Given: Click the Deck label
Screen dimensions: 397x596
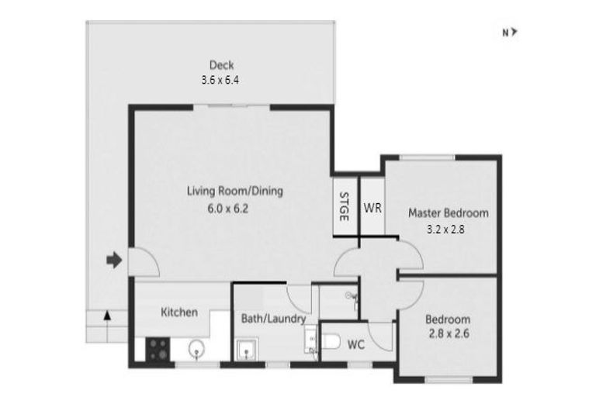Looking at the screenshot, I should coord(221,65).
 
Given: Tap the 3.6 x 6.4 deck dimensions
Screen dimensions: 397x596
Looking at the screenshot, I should coord(221,78).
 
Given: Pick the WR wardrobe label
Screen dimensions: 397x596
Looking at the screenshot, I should coord(372,207).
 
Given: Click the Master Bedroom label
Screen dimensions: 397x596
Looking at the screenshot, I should coord(449,213).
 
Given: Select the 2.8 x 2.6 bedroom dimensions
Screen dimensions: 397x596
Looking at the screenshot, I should coord(449,335).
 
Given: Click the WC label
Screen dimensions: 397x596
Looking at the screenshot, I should coord(356,343).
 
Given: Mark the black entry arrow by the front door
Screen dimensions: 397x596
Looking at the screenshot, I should coord(114,261).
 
